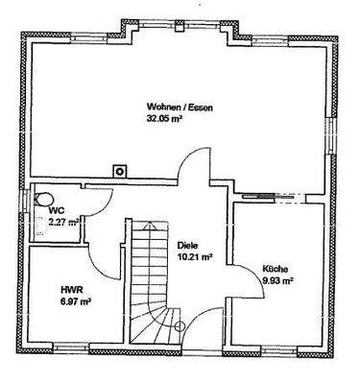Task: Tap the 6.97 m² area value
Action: pos(73,300)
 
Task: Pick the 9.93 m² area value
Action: pos(278,281)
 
